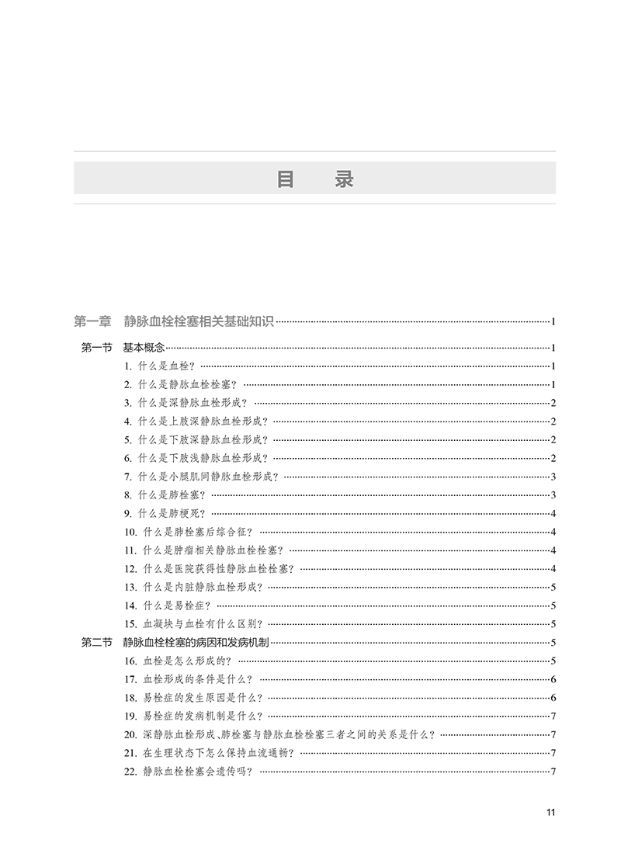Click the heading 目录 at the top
[314, 179]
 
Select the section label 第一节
[97, 348]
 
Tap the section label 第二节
[97, 642]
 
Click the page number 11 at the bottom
[550, 813]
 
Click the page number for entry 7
[552, 477]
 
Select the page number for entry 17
[552, 679]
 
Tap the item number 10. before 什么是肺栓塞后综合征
[130, 532]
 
